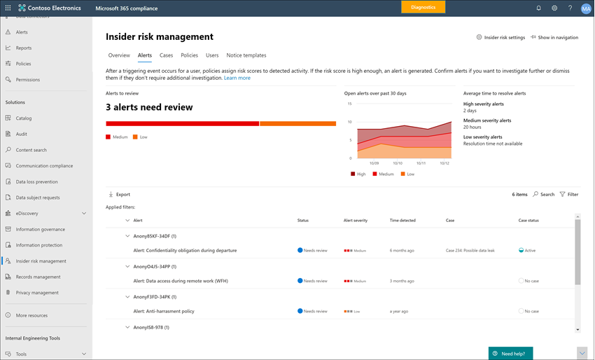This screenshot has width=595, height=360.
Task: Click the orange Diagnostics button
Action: click(423, 8)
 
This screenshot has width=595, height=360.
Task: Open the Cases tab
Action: click(166, 55)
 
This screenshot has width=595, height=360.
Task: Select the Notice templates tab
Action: click(246, 55)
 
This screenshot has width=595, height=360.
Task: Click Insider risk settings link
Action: click(500, 37)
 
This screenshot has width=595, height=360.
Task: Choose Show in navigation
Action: click(554, 37)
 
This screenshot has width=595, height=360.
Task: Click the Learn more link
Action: click(237, 78)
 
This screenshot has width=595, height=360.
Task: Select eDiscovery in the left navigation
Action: click(27, 213)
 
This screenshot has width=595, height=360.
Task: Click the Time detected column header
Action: click(402, 220)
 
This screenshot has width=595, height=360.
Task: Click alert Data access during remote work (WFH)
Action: click(181, 281)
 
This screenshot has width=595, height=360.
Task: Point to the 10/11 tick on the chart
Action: click(421, 162)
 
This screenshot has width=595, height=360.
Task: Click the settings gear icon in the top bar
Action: click(554, 8)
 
